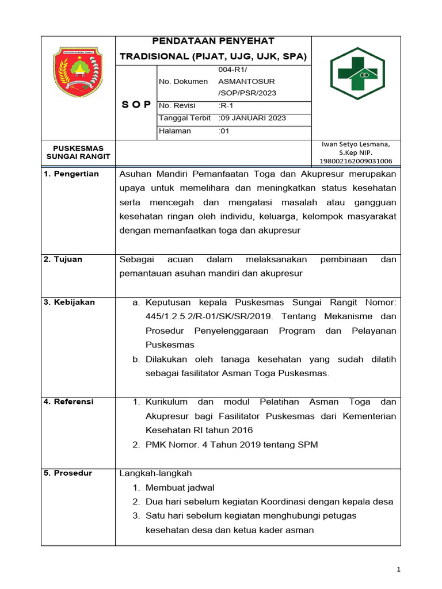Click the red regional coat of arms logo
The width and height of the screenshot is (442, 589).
[78, 72]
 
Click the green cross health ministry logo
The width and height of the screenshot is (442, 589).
[356, 77]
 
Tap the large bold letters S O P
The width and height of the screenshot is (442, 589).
[136, 105]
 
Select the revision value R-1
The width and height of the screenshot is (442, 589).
[226, 105]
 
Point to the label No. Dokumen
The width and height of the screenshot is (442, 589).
[183, 82]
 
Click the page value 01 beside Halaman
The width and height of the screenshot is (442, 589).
[224, 131]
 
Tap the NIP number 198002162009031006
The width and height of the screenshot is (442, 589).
[356, 162]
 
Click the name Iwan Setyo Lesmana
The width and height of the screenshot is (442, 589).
[356, 144]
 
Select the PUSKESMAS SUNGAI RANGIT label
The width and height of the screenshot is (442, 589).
[78, 152]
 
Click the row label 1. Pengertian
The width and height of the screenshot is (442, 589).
[71, 174]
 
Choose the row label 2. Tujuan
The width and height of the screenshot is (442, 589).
[63, 259]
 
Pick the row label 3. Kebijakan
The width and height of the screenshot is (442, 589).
[69, 303]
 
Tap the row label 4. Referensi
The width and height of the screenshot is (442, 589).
[68, 401]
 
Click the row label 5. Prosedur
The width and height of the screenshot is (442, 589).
[67, 473]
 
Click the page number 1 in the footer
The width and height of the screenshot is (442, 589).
[398, 569]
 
